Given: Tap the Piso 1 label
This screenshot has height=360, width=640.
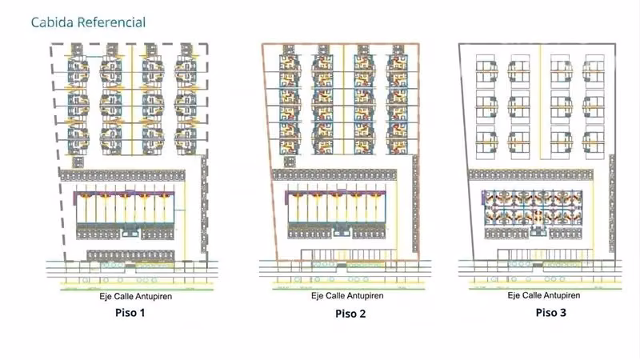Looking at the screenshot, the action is tap(130, 313).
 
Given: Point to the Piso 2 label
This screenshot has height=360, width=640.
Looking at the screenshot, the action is tap(350, 314).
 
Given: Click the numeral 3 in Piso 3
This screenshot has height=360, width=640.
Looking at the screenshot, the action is tap(563, 313).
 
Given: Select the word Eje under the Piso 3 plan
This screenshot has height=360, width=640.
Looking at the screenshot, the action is tap(514, 295).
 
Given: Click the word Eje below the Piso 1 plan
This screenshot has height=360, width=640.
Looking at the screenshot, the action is tap(106, 296).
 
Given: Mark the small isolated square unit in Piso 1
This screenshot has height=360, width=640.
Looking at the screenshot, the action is tap(78, 162).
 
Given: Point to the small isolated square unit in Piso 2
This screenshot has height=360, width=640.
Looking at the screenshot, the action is tap(290, 162).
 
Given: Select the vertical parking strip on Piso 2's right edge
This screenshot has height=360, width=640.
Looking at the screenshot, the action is tap(415, 204).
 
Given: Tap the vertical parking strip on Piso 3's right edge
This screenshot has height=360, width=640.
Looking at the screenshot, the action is tap(612, 203).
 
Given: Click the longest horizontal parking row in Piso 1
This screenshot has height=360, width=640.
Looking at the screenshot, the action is tap(122, 175).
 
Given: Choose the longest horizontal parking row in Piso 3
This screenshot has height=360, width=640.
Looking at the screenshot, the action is tap(530, 174).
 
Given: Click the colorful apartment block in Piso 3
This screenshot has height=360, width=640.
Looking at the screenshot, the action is tap(532, 207).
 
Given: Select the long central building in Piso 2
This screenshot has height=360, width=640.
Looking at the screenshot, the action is tap(336, 207).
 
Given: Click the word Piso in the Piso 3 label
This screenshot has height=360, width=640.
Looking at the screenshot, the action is tap(546, 313).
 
